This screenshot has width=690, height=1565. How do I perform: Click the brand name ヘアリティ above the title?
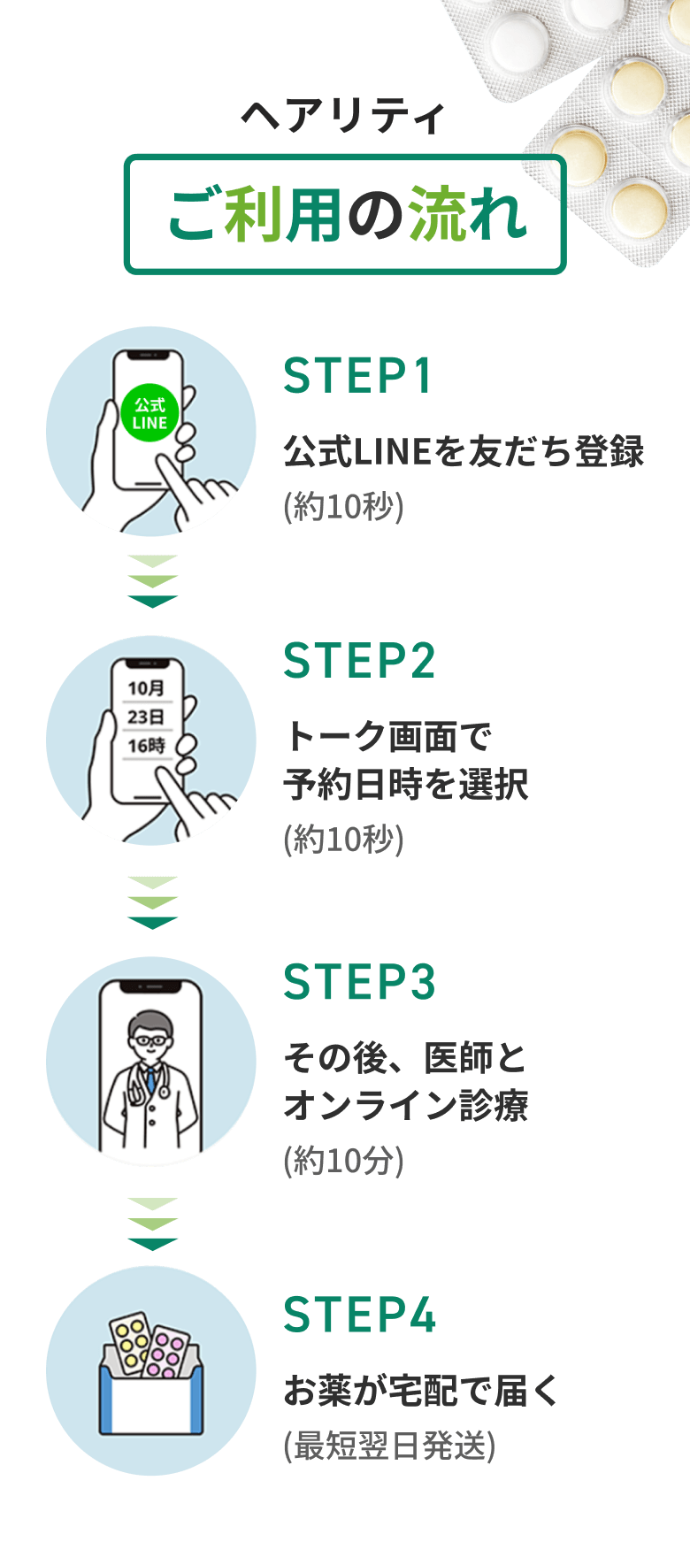click(343, 116)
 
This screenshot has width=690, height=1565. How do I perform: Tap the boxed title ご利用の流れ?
click(345, 215)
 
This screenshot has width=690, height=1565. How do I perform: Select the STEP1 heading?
click(358, 376)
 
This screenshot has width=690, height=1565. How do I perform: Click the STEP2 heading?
click(360, 661)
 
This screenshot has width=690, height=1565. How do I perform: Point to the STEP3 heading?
click(360, 982)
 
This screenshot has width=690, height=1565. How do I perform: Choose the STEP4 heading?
click(360, 1315)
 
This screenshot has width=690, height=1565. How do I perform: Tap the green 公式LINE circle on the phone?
click(149, 414)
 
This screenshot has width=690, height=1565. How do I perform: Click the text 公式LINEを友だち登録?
click(464, 451)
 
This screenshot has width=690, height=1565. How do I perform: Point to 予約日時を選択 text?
click(406, 784)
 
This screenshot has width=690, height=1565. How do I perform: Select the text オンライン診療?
click(406, 1105)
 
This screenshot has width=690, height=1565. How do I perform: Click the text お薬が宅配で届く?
click(421, 1391)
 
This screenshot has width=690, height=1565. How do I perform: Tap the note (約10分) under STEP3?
click(344, 1160)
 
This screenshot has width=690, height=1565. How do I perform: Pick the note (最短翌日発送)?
click(389, 1446)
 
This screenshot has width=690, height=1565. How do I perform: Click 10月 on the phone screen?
click(146, 688)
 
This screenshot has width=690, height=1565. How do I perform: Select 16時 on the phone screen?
click(146, 746)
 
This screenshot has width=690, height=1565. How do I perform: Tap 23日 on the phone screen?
click(146, 717)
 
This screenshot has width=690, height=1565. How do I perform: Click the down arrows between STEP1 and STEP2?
click(152, 581)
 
